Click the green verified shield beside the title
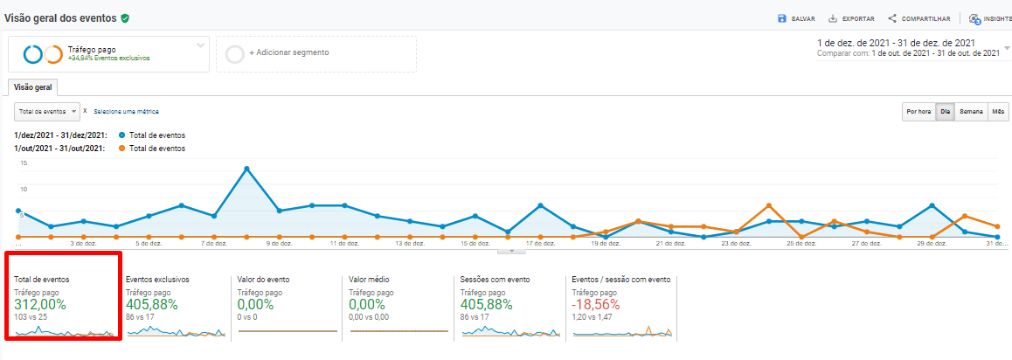[126, 17]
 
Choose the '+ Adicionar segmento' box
[315, 53]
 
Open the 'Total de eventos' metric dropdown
[47, 112]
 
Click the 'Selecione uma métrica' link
[126, 112]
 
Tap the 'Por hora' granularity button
[918, 112]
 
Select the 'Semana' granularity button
[970, 112]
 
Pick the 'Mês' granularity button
[998, 112]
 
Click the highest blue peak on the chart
[247, 168]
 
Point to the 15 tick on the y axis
[24, 163]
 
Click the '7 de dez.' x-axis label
[214, 244]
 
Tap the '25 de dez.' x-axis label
[801, 244]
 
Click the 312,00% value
[40, 304]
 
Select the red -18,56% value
[595, 304]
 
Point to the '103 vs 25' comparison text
[31, 317]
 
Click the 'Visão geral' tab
[32, 87]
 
